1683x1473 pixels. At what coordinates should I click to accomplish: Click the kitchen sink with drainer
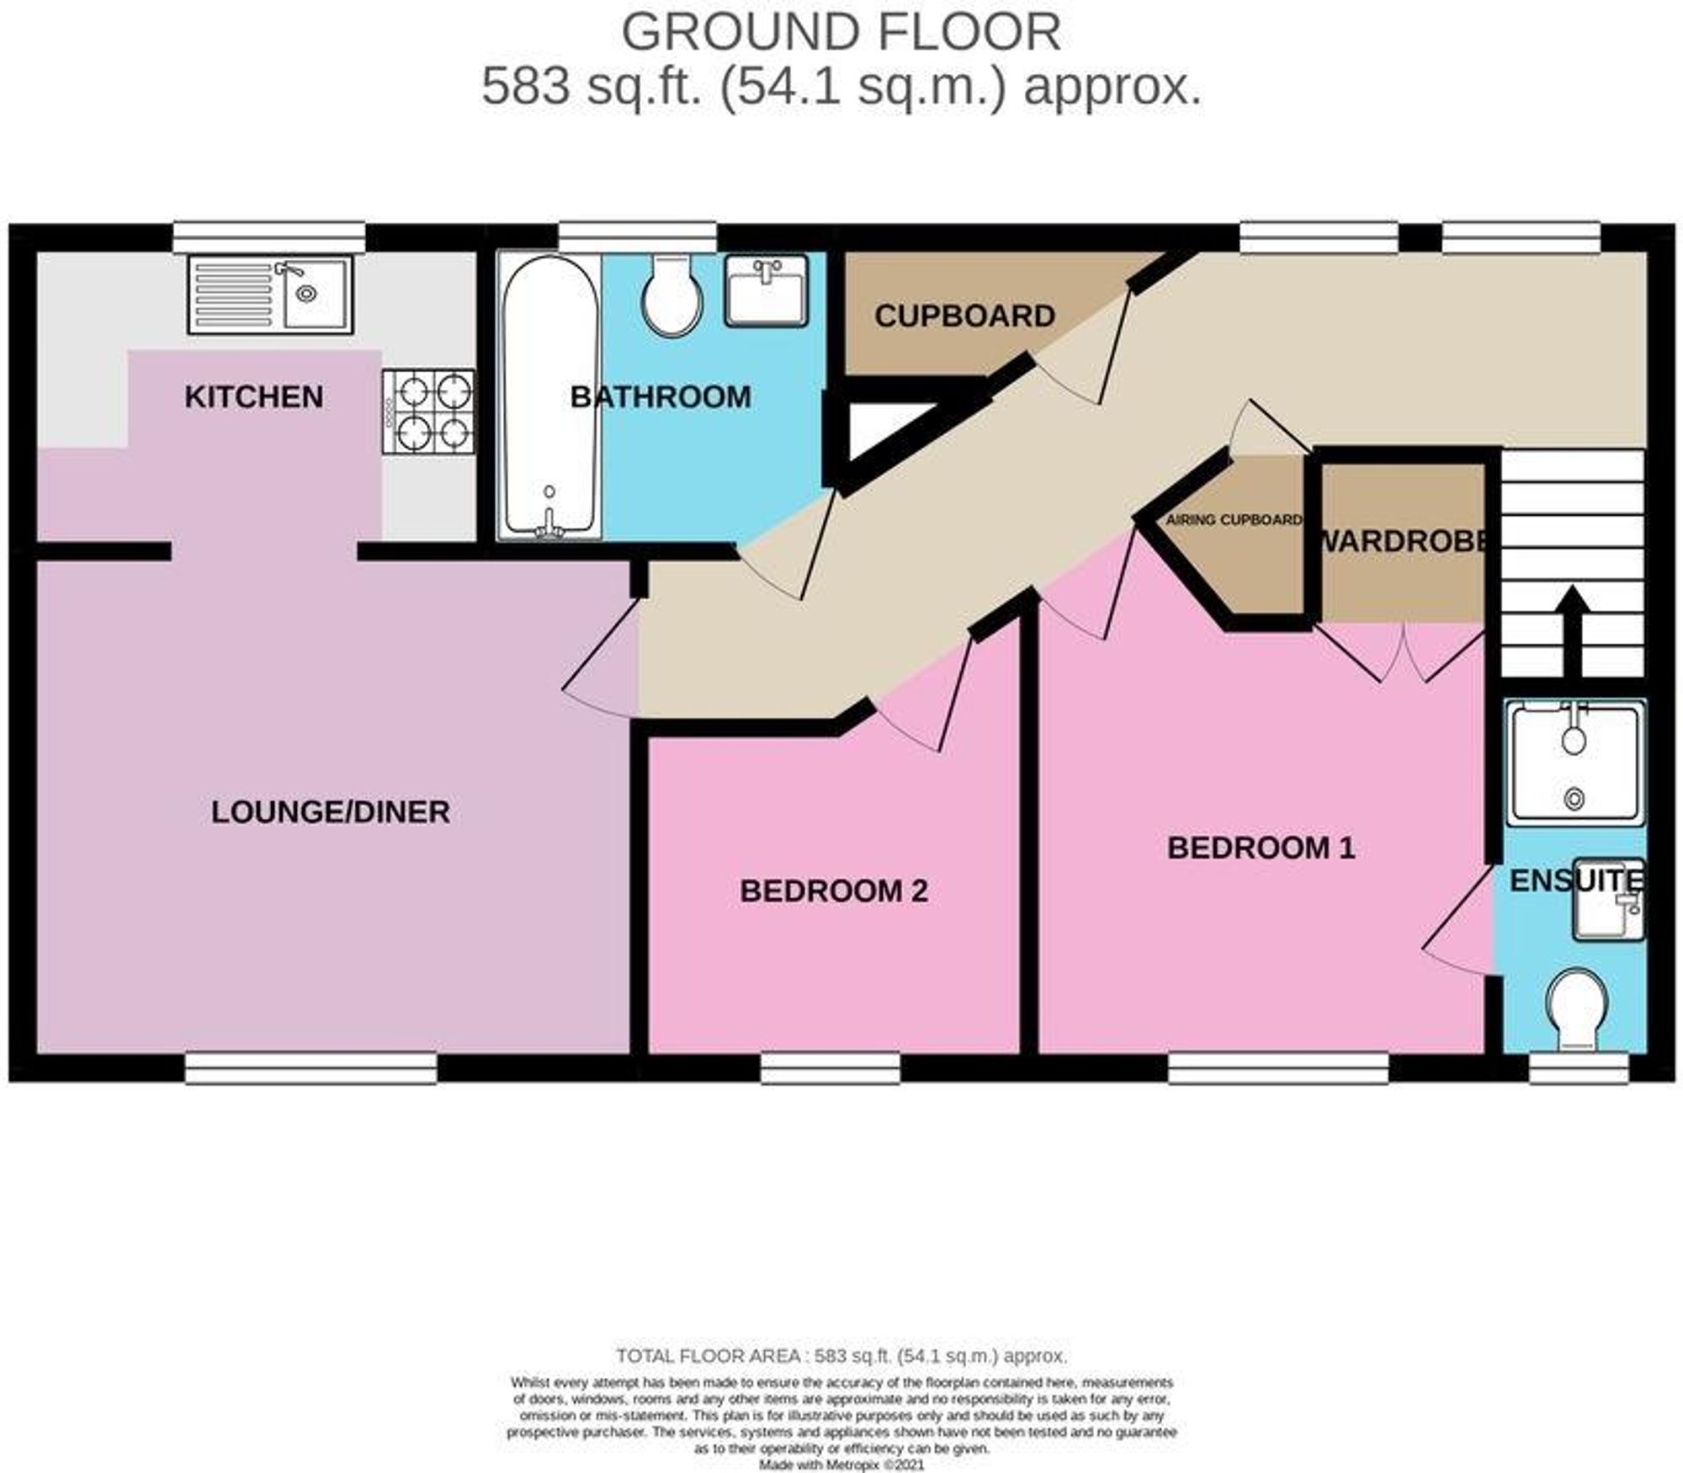270,295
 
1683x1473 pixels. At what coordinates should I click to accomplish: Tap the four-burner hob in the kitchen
428,412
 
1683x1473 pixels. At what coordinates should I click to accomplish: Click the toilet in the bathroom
672,296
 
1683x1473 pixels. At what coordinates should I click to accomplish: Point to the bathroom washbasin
766,291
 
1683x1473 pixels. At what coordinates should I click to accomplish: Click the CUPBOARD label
964,316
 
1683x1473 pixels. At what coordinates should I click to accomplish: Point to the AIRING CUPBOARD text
1234,520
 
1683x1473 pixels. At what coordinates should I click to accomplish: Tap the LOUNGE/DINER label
330,812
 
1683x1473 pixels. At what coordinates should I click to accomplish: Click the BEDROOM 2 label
833,891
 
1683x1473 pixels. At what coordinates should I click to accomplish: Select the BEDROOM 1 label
1261,848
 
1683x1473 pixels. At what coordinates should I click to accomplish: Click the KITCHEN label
253,397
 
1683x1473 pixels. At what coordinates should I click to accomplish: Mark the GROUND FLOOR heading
841,32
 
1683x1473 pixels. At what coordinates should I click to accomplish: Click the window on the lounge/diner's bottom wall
311,1068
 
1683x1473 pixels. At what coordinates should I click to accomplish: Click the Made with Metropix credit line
841,1465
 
